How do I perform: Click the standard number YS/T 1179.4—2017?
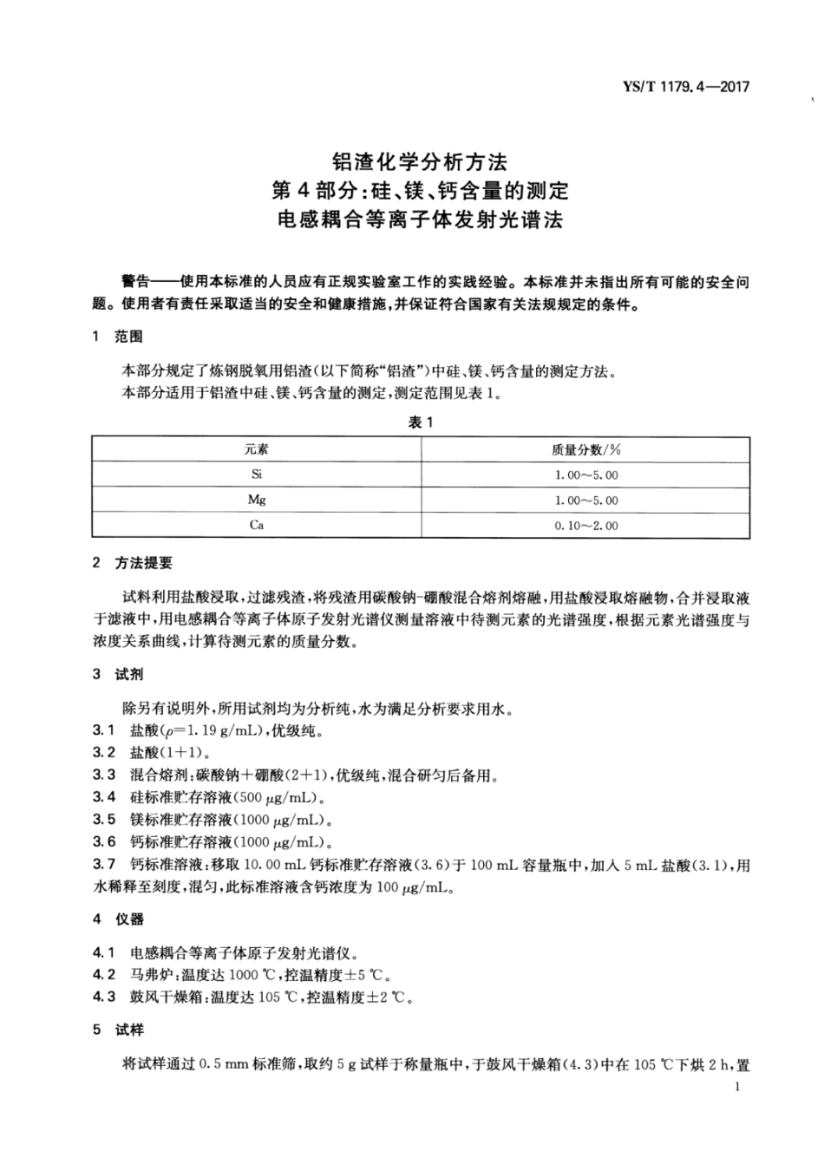(x=685, y=87)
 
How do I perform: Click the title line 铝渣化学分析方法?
(x=419, y=160)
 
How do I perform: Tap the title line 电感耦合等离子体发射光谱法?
(x=419, y=219)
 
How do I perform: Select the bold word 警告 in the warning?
(x=137, y=283)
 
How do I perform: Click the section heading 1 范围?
(x=117, y=337)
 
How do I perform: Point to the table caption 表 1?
(x=420, y=422)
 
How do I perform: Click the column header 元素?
(x=257, y=449)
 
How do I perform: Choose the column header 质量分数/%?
(x=585, y=449)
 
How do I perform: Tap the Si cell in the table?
(x=257, y=474)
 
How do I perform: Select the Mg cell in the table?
(x=257, y=500)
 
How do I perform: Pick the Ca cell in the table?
(x=257, y=525)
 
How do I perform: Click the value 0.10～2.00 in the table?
(x=586, y=526)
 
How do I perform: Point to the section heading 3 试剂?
(x=117, y=674)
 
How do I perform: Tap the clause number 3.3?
(x=104, y=775)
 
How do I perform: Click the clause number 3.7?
(x=104, y=865)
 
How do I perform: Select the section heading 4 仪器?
(x=117, y=919)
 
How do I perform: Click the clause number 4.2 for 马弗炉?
(x=104, y=974)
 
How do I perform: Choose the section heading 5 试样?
(x=117, y=1030)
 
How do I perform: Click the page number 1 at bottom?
(x=736, y=1088)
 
